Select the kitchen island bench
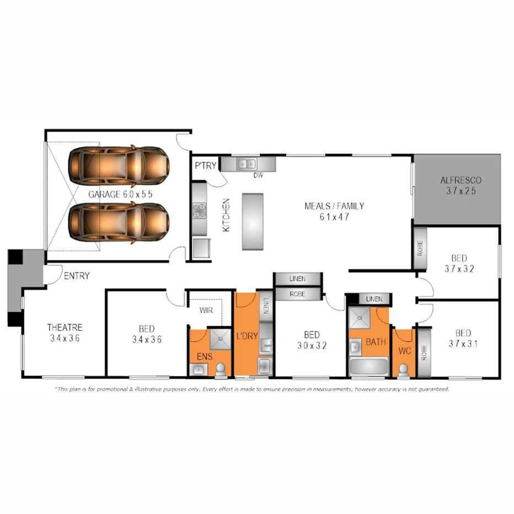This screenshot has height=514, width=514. coord(252,221)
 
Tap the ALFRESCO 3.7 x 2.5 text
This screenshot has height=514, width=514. coord(461,185)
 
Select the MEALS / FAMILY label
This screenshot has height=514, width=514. coord(334,211)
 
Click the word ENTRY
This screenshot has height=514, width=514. coord(77,275)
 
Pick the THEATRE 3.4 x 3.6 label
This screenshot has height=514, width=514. coord(65,333)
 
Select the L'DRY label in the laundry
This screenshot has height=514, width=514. coord(247,336)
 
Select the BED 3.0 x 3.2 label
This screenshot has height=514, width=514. coord(312,340)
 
